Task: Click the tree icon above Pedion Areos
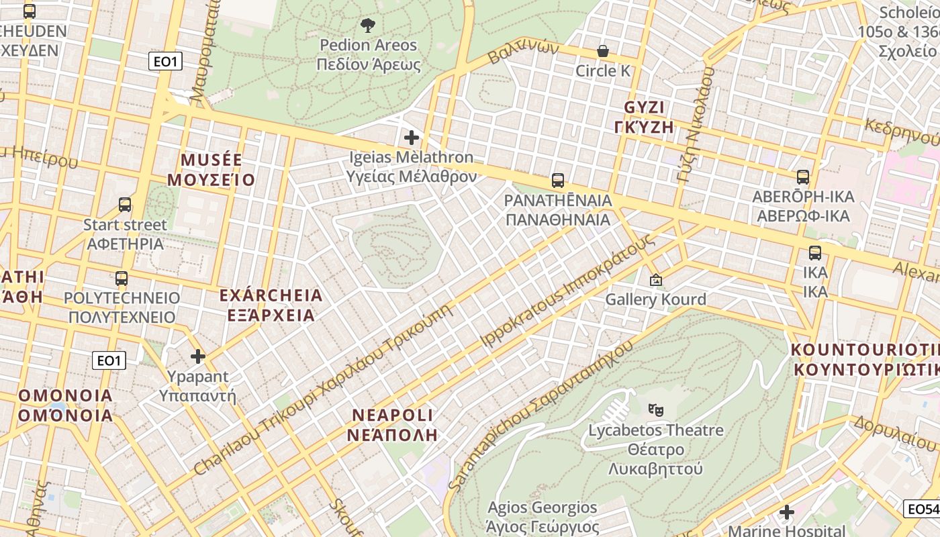(x=367, y=26)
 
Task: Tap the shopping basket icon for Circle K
(x=603, y=52)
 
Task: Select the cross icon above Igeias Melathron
(x=412, y=138)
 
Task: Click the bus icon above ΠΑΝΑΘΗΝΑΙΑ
(x=557, y=181)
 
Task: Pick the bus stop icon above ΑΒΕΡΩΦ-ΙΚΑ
(x=802, y=177)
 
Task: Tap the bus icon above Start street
(x=125, y=205)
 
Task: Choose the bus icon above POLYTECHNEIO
(x=122, y=279)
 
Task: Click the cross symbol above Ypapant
(x=197, y=356)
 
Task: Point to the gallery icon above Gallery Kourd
(x=655, y=280)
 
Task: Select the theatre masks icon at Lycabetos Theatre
(x=655, y=409)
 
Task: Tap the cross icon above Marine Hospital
(x=786, y=513)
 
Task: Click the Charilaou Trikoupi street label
(x=322, y=389)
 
